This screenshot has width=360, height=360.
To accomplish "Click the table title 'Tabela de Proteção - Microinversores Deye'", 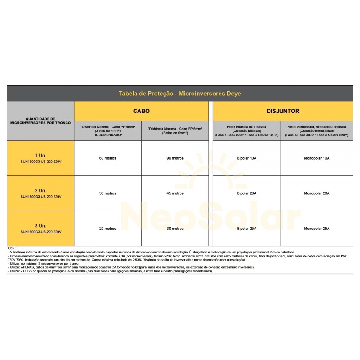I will (x=180, y=94).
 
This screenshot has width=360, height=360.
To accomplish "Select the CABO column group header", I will (x=141, y=111).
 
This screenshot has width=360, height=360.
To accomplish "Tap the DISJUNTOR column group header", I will (x=283, y=111).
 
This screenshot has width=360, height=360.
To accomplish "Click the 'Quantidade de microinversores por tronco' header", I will (x=40, y=121).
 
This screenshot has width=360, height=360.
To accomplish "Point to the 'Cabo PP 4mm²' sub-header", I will (x=108, y=131).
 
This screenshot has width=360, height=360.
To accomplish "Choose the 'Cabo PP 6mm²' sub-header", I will (x=175, y=131).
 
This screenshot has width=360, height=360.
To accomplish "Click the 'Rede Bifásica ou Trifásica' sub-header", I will (x=246, y=131).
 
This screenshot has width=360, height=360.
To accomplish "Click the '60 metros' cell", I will (x=108, y=158).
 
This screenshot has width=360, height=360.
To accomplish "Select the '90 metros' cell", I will (x=175, y=158).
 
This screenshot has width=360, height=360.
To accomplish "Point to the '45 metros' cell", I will (x=175, y=193).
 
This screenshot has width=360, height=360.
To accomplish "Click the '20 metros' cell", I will (x=108, y=229).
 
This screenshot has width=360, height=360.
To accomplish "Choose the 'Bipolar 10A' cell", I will (x=246, y=158).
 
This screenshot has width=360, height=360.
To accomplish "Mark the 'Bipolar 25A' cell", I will (x=246, y=229).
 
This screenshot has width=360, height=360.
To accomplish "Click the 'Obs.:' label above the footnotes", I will (x=12, y=248).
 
